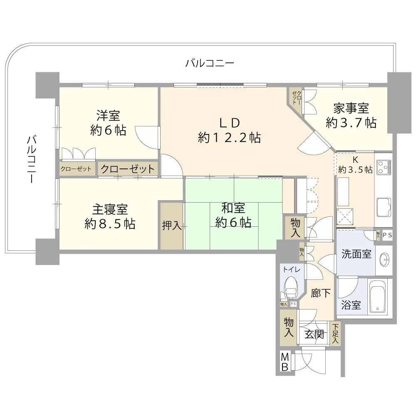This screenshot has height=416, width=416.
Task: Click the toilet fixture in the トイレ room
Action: point(290,287)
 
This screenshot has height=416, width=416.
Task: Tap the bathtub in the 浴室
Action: point(378,297)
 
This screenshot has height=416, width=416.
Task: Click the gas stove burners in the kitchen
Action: point(384,167)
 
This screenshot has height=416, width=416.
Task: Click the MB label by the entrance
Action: point(285,362)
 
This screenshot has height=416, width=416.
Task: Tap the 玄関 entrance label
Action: point(314,334)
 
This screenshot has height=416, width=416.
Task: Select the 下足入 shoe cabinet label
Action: point(335,333)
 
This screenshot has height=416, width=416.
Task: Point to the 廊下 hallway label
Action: point(321,293)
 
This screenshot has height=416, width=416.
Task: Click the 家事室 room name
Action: point(351,108)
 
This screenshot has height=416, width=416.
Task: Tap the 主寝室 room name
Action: point(110,209)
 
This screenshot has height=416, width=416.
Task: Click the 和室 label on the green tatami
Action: point(233,208)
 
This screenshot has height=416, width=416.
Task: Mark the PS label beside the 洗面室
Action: point(387,235)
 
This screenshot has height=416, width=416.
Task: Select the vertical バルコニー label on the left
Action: point(31,159)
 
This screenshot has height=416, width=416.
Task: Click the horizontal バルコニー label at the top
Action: point(210,63)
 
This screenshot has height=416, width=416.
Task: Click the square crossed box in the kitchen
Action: point(345,217)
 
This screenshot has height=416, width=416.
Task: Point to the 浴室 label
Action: point(351,305)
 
